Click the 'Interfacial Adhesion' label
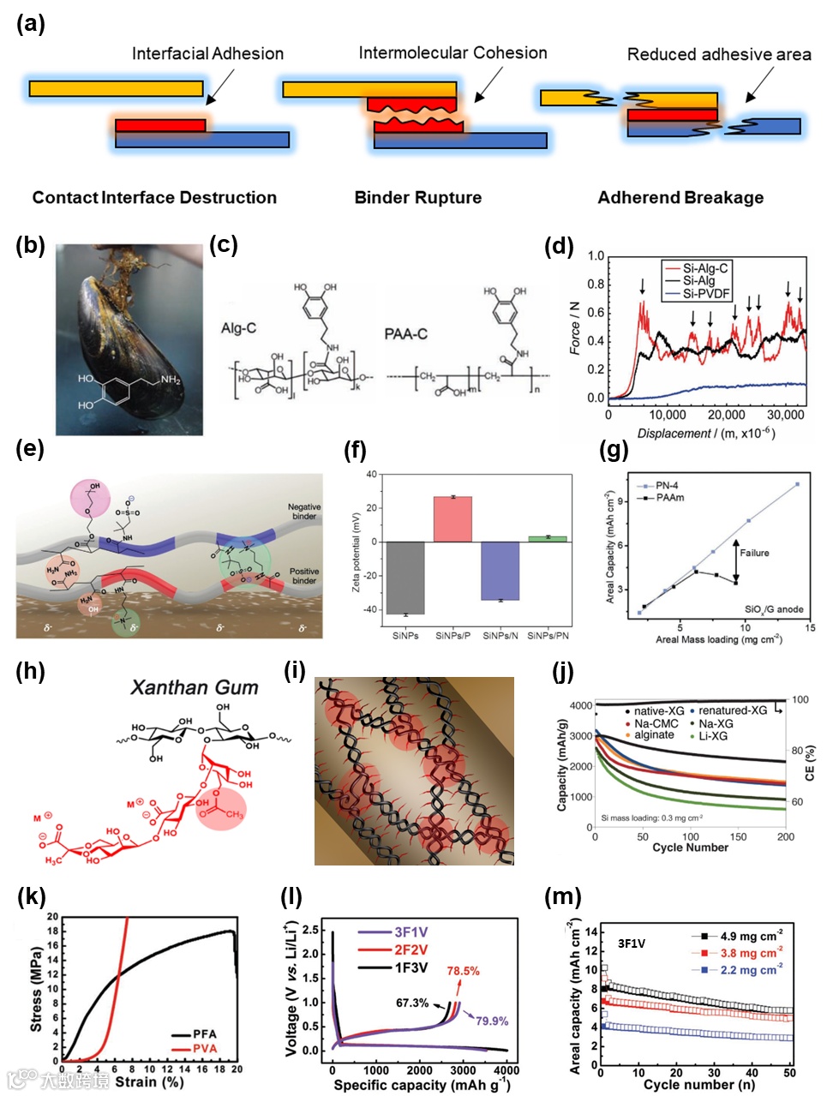(207, 53)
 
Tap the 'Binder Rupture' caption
(417, 198)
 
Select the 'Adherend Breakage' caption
(680, 198)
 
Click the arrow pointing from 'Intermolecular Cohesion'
(488, 86)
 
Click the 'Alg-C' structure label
(238, 328)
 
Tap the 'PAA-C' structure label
(405, 333)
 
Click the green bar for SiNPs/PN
(548, 538)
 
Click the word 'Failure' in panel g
(754, 553)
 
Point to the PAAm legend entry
(669, 497)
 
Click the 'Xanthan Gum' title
(194, 687)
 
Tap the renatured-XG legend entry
(732, 710)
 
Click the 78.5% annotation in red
(463, 971)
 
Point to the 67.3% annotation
(412, 1003)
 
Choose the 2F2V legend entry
(411, 949)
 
